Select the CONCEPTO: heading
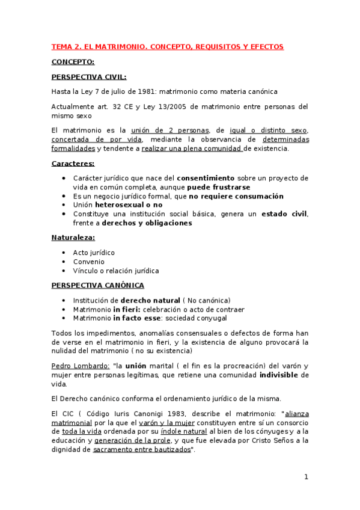73,61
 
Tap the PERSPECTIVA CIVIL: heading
88,76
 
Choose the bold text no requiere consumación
236,196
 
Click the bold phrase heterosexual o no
129,205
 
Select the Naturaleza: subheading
74,238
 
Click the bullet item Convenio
88,262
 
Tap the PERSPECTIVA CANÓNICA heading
97,285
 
